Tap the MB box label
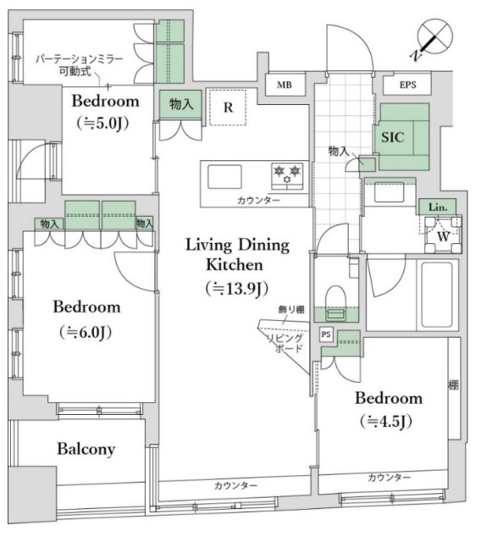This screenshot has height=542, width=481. [280, 86]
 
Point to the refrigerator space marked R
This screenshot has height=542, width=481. [229, 108]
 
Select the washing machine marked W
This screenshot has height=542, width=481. [444, 235]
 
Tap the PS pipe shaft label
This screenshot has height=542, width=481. [326, 335]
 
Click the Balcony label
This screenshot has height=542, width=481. [86, 449]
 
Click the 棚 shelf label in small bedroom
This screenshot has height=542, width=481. [453, 385]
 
